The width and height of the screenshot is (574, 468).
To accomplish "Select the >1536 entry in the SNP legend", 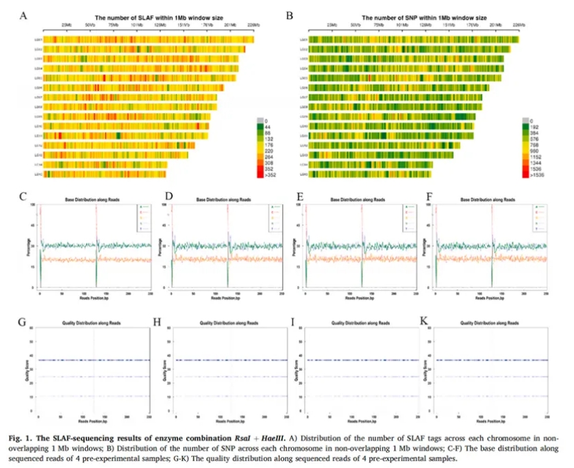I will (534, 176).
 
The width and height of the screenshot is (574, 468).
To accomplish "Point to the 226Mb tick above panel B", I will (521, 25).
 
